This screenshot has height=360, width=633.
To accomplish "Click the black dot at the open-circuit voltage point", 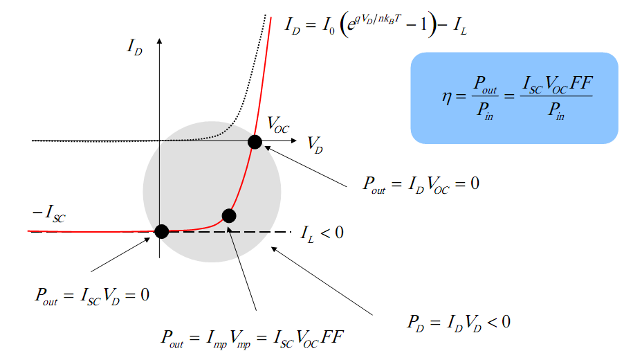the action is pos(255,142).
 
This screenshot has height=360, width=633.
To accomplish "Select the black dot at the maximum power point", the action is pos(229,216).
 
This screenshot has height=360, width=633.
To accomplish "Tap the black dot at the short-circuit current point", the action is pos(161,231).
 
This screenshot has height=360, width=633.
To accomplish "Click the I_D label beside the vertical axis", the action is pos(135,46).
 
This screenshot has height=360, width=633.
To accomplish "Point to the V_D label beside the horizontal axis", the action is pos(315,144).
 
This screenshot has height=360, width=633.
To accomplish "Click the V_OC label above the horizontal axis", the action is pos(278,125).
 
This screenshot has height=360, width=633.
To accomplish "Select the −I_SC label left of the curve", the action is pos(48,213).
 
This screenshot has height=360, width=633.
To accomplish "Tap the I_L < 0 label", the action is pos(322,233).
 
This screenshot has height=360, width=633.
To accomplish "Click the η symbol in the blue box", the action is pos(447,98).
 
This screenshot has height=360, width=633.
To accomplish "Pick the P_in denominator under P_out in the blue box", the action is pos(485,109).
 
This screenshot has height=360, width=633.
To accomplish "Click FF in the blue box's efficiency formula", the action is pos(581,83).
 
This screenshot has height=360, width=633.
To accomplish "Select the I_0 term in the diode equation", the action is pos(328,26).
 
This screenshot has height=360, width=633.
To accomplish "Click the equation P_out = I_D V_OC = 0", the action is pos(421,184).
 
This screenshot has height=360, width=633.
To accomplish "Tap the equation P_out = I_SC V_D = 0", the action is pos(92,296).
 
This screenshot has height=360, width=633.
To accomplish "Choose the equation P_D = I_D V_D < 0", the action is pos(459,323).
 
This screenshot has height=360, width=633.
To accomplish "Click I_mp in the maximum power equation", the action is pos(216,338).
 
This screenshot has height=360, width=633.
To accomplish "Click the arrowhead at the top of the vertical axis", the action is pos(160,41).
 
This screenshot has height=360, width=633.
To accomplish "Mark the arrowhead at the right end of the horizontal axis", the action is pos(294,141).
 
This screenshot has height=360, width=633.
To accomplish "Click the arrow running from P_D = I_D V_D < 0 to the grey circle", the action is pos(322,281).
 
